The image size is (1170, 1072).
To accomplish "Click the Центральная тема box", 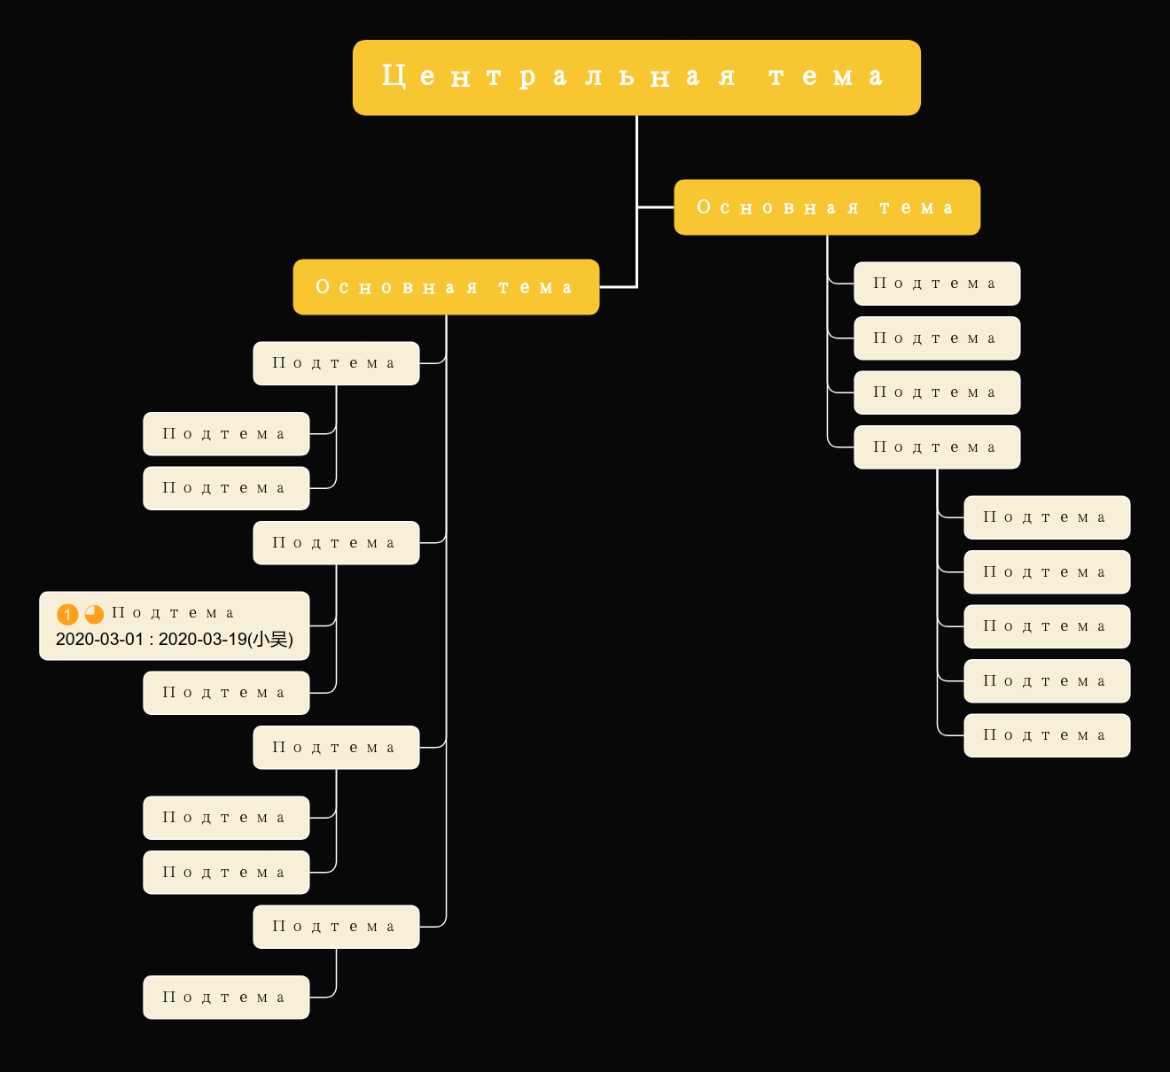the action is (x=636, y=78).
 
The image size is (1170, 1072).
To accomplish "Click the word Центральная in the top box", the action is (x=560, y=76).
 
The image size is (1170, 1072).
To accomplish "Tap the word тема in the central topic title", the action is (x=827, y=76).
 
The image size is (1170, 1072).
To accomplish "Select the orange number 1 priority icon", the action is (x=67, y=614).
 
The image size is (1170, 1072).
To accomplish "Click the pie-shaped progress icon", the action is (x=94, y=614).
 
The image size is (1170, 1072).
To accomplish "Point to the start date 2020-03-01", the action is (x=99, y=640).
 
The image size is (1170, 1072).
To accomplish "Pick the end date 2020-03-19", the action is (x=202, y=640).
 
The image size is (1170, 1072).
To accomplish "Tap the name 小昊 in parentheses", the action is (x=270, y=640).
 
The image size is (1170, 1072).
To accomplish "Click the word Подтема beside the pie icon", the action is (x=173, y=613).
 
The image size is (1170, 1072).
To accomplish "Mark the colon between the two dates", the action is (x=151, y=641).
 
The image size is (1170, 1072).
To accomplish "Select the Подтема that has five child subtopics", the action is (x=937, y=447).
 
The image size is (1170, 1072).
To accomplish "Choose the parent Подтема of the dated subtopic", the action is (x=336, y=543).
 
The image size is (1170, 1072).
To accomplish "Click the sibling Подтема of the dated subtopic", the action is (x=226, y=693).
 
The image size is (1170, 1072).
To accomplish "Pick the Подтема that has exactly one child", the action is (x=336, y=927).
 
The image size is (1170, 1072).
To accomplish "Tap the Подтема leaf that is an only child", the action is (x=226, y=998).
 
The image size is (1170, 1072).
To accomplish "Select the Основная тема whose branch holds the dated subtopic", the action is (x=446, y=287).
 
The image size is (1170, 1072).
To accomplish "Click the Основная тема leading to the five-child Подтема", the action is (x=827, y=207).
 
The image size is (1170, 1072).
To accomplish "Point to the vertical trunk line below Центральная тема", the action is (x=637, y=201).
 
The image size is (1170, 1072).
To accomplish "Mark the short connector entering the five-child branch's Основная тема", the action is (x=656, y=207).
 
